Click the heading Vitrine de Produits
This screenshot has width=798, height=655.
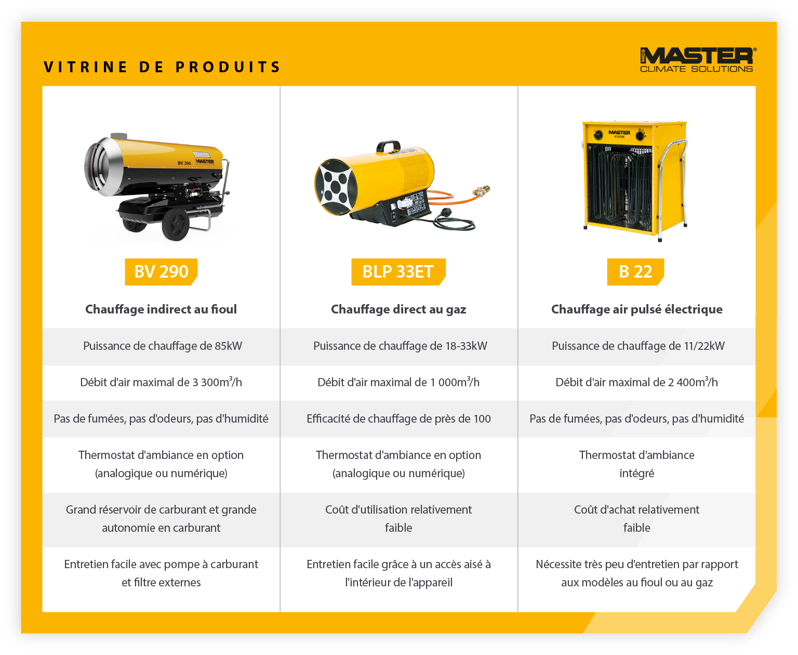click(162, 67)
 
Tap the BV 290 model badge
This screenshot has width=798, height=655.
click(161, 272)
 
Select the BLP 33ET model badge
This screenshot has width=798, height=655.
click(398, 272)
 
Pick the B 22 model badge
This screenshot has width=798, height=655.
click(635, 272)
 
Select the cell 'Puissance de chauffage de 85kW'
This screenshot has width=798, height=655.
click(162, 346)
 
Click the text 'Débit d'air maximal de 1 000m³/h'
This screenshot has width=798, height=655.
click(398, 383)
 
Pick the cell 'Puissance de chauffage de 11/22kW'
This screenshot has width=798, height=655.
click(637, 346)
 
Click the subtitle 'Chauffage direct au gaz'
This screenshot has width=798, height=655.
click(398, 309)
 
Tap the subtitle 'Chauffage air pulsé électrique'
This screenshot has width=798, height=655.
click(636, 309)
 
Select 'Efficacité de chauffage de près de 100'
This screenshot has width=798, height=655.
click(398, 419)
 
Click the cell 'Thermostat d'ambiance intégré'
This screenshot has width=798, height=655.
click(636, 464)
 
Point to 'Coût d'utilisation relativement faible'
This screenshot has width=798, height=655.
click(398, 519)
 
